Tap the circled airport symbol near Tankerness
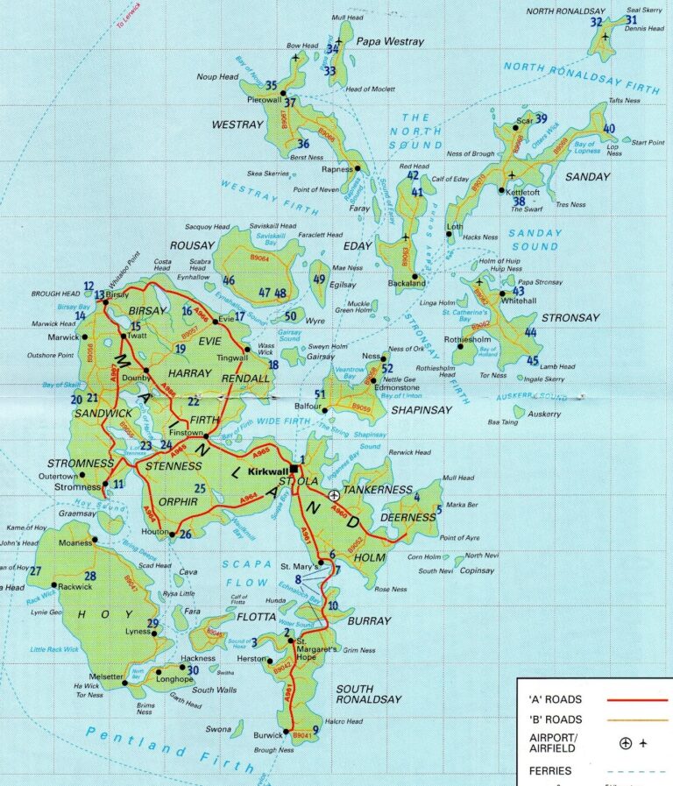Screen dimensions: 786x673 (x=334, y=495)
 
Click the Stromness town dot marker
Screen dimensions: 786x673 (x=105, y=484)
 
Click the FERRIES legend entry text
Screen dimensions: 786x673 (x=550, y=771)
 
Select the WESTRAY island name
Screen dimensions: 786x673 (x=237, y=125)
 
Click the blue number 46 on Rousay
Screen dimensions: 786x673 (x=229, y=280)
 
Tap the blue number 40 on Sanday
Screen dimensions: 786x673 (x=609, y=129)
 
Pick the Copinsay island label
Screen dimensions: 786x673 (x=478, y=570)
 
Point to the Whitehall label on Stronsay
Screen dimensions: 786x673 (x=519, y=300)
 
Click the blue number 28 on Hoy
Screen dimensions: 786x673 (x=90, y=576)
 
